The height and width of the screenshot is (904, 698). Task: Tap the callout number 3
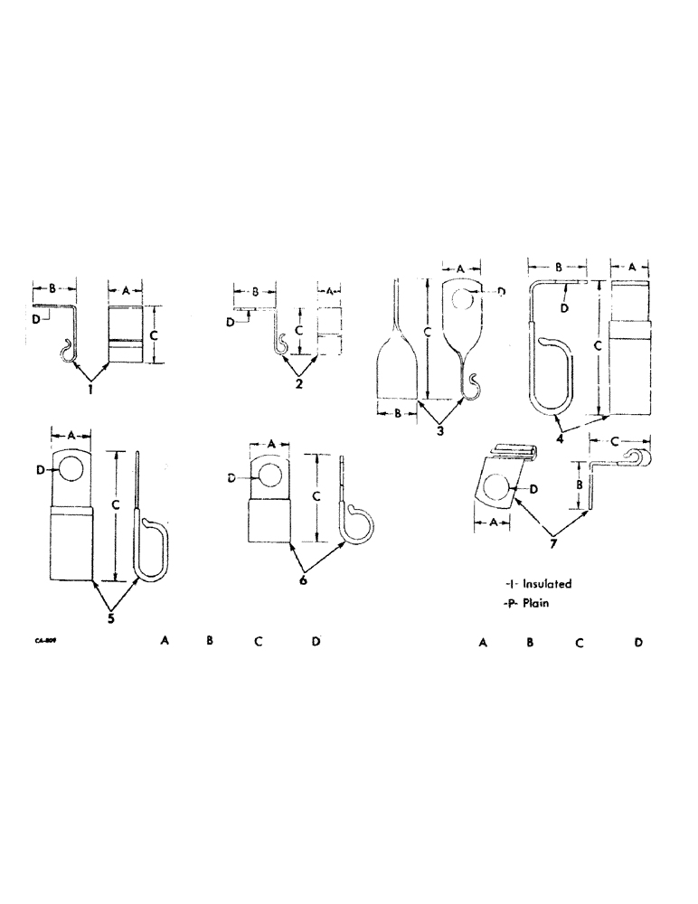pos(440,431)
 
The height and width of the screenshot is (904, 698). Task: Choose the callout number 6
pos(303,579)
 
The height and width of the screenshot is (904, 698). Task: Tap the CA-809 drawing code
pos(40,640)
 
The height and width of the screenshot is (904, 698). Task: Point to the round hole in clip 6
pos(267,474)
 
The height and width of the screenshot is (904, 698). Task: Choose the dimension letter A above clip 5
pos(71,434)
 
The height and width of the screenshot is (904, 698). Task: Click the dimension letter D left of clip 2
pos(231,322)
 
